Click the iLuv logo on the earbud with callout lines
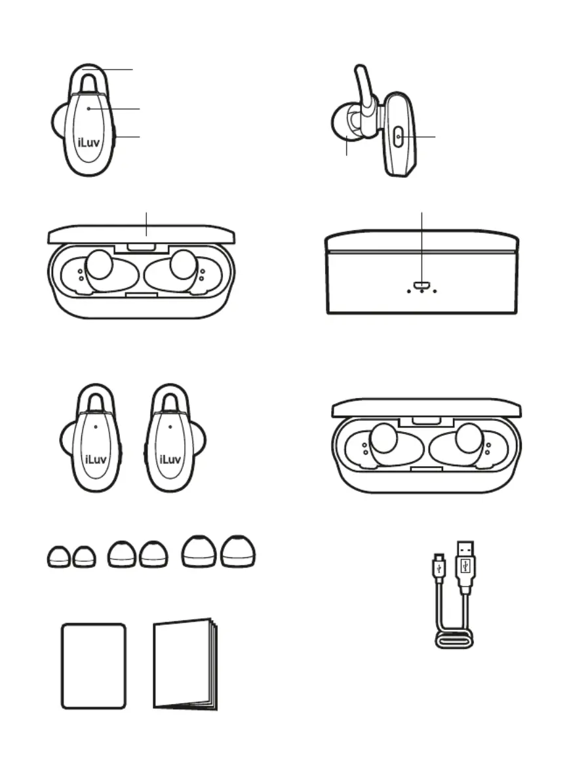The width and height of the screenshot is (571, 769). pos(89,143)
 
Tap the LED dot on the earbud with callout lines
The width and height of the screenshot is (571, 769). pos(89,108)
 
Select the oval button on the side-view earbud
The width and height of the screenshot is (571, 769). pos(399,137)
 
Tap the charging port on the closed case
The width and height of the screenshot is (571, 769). pos(422,285)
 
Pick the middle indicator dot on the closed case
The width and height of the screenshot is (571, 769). pos(422,291)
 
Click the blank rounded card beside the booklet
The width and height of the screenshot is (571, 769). pos(93,666)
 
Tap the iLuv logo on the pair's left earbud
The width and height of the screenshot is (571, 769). pos(96,460)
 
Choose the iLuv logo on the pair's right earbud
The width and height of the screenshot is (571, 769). pos(170,460)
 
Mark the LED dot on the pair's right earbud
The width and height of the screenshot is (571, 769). pos(170,427)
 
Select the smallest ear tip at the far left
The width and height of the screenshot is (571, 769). pos(58,557)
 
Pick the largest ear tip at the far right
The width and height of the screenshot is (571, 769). pos(238,551)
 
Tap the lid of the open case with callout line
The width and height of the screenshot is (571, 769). pos(142,234)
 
